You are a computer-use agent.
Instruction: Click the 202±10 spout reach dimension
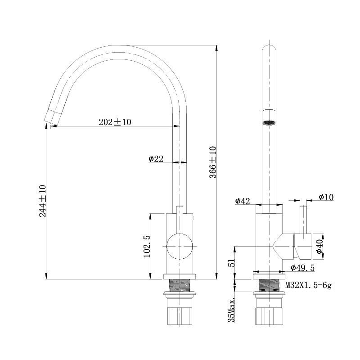(115, 122)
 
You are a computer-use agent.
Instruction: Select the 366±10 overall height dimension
(213, 162)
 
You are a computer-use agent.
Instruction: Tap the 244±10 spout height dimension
(43, 201)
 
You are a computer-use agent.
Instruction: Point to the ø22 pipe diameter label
(156, 158)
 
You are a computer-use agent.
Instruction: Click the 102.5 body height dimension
(147, 246)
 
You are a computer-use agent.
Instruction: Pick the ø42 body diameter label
(242, 201)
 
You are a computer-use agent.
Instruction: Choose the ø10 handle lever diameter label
(326, 197)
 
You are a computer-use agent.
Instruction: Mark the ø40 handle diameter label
(319, 246)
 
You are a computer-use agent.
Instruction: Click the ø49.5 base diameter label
(302, 268)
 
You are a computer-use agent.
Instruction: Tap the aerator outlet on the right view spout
(269, 121)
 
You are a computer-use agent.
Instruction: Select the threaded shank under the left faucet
(180, 284)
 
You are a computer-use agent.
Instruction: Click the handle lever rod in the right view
(304, 220)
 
